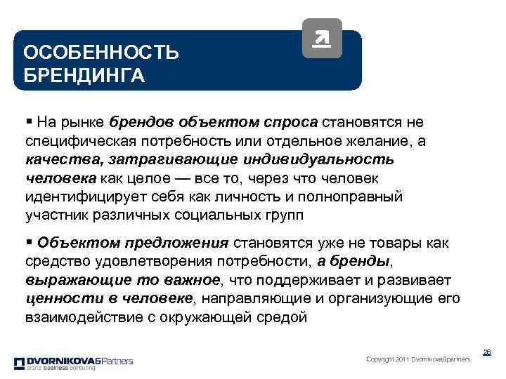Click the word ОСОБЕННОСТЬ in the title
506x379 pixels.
pyautogui.click(x=101, y=53)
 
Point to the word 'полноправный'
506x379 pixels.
pyautogui.click(x=365, y=196)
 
